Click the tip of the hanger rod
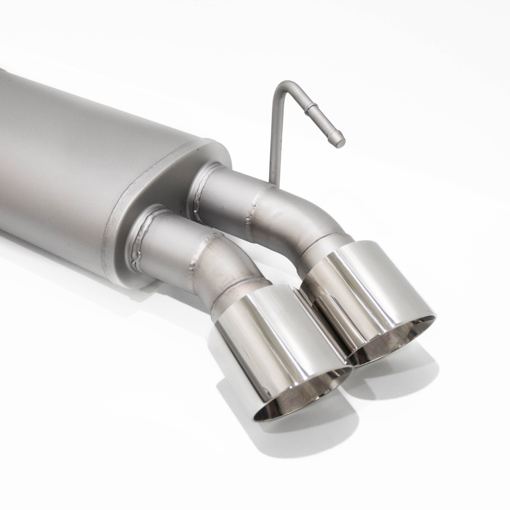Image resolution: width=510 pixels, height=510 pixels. (x=342, y=143)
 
